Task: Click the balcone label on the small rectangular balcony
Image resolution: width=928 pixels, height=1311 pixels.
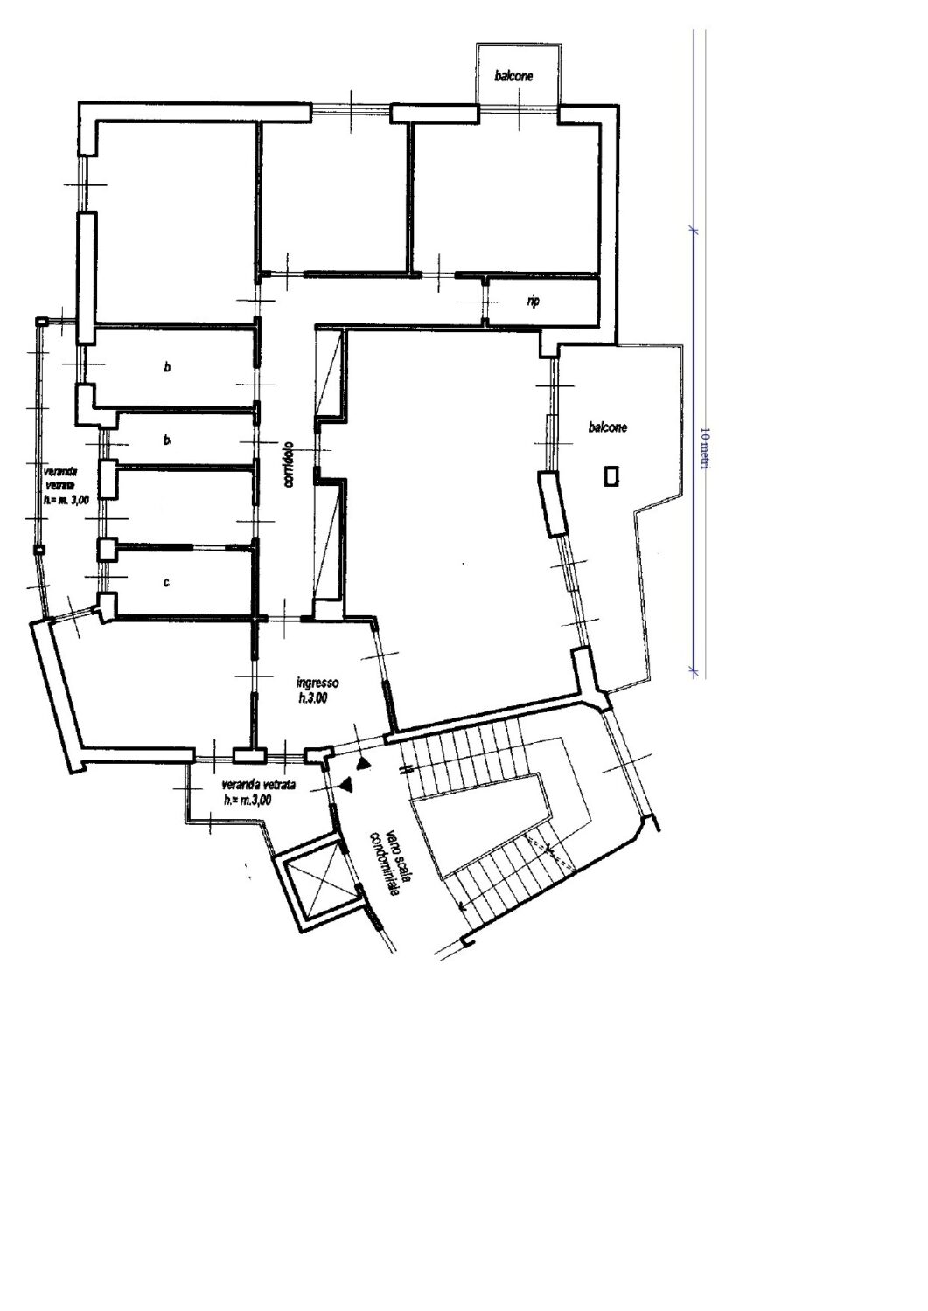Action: (513, 76)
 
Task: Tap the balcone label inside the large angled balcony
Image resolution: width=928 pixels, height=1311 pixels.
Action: (608, 427)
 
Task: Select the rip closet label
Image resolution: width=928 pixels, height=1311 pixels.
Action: (534, 301)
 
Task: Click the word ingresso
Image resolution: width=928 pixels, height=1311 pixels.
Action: (318, 683)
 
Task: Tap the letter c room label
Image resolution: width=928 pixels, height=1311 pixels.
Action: (166, 582)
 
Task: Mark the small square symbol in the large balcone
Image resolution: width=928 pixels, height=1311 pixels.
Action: (611, 475)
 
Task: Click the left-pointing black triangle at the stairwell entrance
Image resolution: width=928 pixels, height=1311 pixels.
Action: (349, 785)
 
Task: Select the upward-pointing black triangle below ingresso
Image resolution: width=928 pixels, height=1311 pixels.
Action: (365, 763)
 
